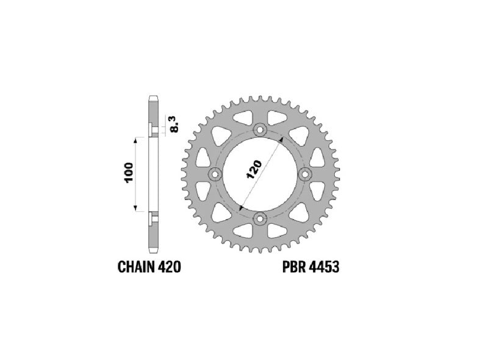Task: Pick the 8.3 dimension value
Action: pos(175,124)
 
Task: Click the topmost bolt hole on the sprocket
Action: pos(261,129)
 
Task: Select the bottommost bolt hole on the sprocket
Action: pos(261,219)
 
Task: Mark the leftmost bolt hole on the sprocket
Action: pos(216,175)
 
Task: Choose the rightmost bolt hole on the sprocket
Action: pos(306,175)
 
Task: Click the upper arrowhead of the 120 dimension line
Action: pos(281,140)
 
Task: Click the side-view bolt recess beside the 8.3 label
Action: pos(153,130)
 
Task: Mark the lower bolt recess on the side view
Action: pos(153,218)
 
